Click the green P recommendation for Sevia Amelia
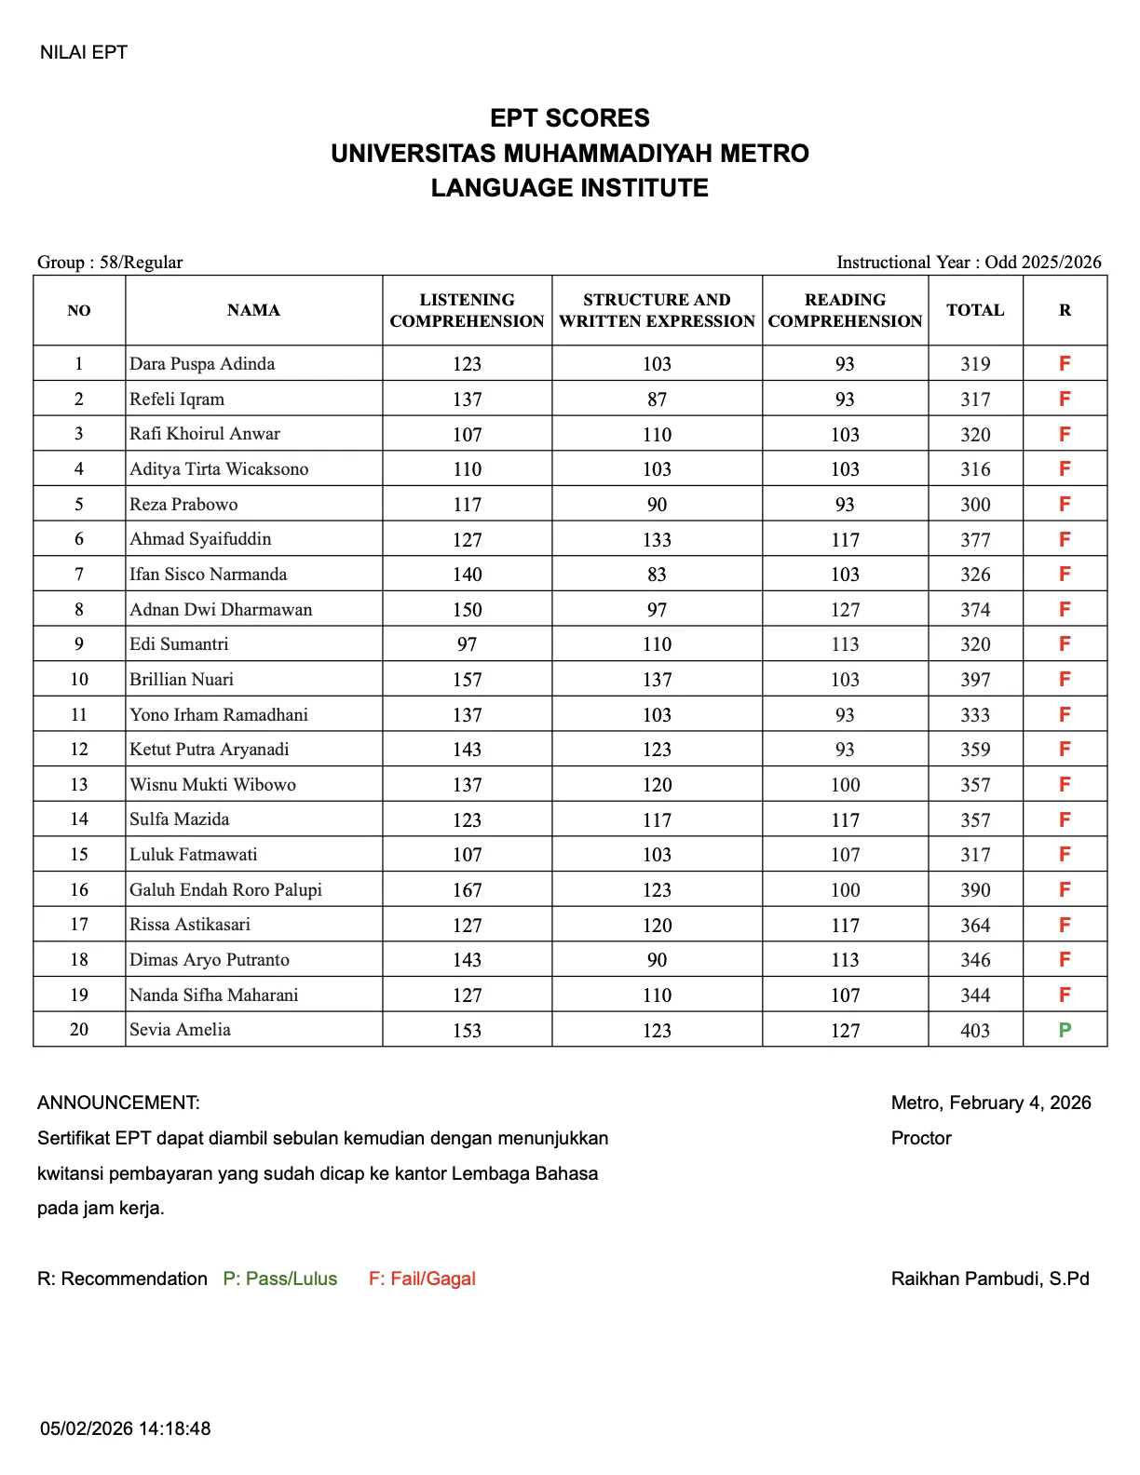pyautogui.click(x=1065, y=1030)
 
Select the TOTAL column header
pyautogui.click(x=975, y=310)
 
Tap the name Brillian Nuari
pyautogui.click(x=182, y=680)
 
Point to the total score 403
pyautogui.click(x=975, y=1031)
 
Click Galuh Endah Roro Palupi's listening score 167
pyautogui.click(x=467, y=890)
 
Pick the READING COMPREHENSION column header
pyautogui.click(x=845, y=310)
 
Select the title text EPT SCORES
pyautogui.click(x=570, y=118)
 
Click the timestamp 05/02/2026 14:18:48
pyautogui.click(x=126, y=1428)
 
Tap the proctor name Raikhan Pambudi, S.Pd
pyautogui.click(x=990, y=1279)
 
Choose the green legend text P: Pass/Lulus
pyautogui.click(x=280, y=1279)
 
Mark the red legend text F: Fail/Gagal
pyautogui.click(x=422, y=1279)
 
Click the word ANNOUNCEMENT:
pyautogui.click(x=118, y=1103)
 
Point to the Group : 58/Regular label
pyautogui.click(x=110, y=262)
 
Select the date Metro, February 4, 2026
pyautogui.click(x=991, y=1103)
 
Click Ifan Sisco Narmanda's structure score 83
pyautogui.click(x=657, y=575)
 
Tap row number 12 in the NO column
pyautogui.click(x=79, y=750)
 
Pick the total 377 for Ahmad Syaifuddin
pyautogui.click(x=975, y=540)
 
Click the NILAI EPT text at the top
pyautogui.click(x=84, y=52)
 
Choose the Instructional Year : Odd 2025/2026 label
pyautogui.click(x=969, y=262)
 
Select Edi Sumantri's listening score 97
pyautogui.click(x=467, y=644)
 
